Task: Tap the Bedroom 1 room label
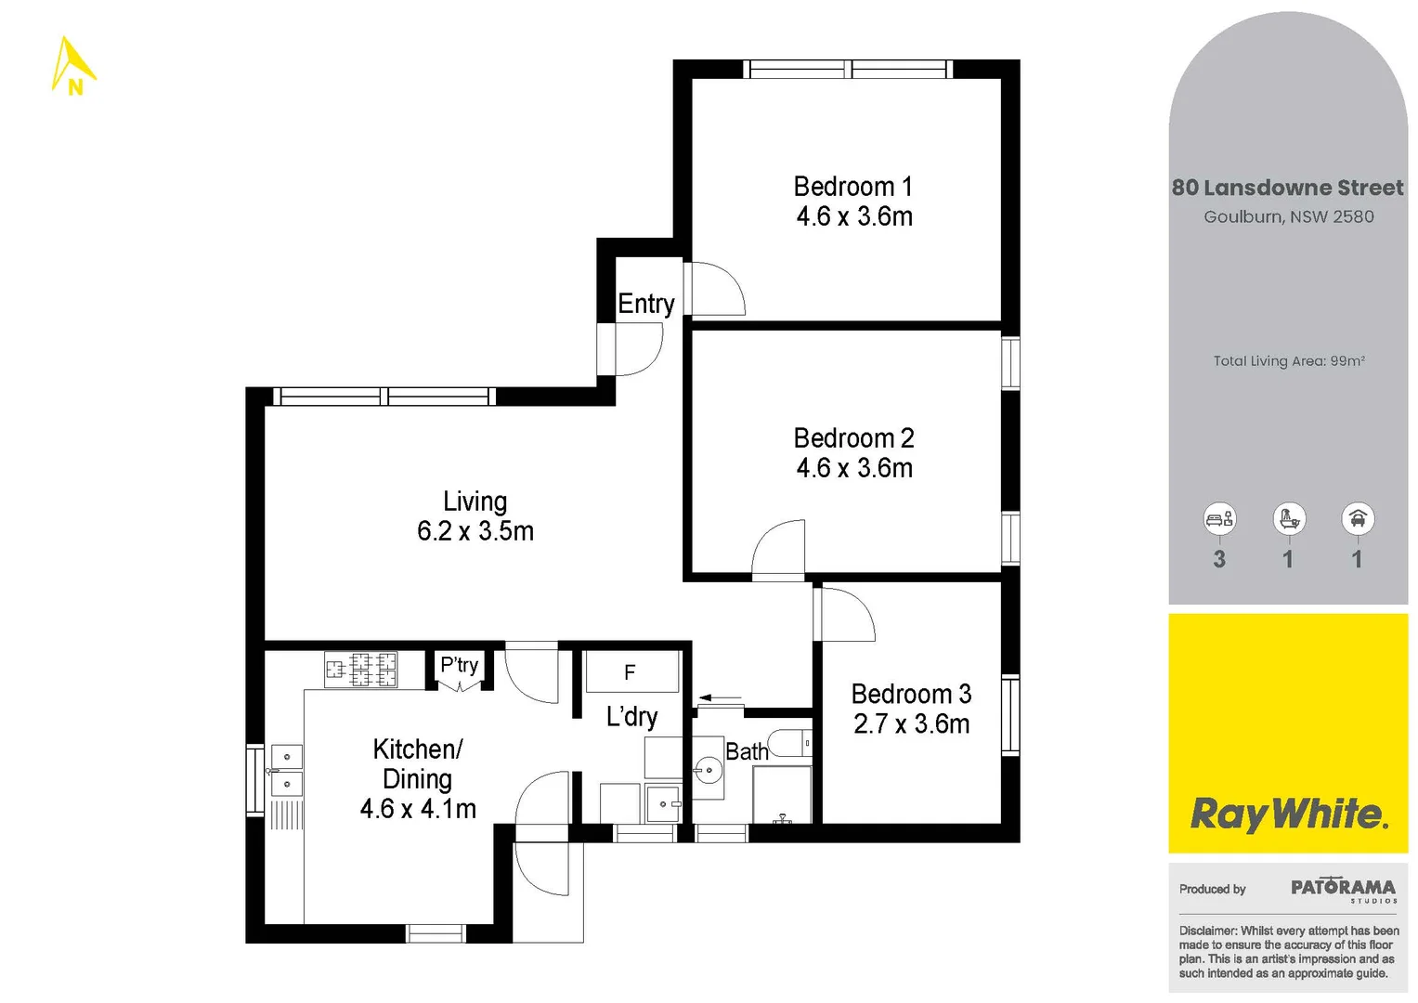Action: coord(852,187)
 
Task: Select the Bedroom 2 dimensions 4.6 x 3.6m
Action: coord(853,468)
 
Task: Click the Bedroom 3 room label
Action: coord(910,694)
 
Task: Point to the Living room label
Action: coord(475,501)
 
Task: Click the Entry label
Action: coord(645,304)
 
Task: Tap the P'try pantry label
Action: coord(459,665)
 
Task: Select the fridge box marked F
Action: coord(631,672)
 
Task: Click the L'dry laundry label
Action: coord(631,716)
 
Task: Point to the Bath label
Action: coord(747,751)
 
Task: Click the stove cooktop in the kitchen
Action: coord(360,669)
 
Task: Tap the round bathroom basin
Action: coord(709,770)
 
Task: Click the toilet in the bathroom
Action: coord(790,743)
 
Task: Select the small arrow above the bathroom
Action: coord(721,698)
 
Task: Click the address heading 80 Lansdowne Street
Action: coord(1287,188)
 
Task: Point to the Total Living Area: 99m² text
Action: coord(1288,361)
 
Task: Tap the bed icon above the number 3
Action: coord(1218,519)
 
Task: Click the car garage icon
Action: coord(1357,519)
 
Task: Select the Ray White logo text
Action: coord(1288,814)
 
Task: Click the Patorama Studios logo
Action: coord(1342,890)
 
